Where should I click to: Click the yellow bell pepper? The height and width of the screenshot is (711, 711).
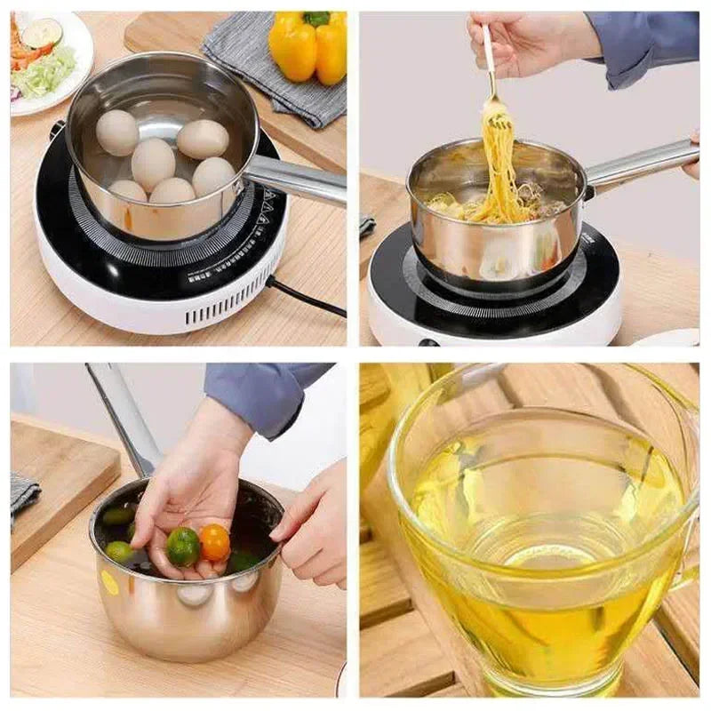tap(307, 49)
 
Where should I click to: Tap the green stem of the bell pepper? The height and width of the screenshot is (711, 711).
tap(316, 19)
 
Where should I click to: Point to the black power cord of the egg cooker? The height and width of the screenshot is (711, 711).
tap(307, 297)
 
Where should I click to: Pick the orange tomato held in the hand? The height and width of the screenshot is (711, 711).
tap(214, 541)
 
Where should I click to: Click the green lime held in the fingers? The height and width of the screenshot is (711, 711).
tap(183, 546)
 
